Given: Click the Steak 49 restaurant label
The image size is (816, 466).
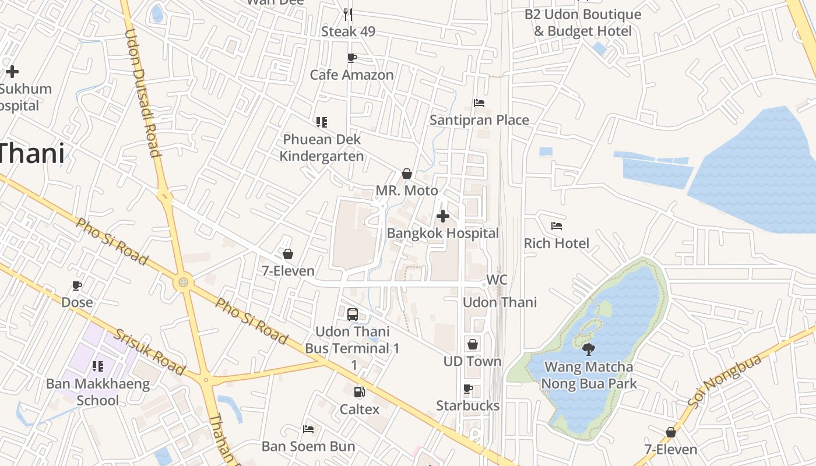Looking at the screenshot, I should point(348,31).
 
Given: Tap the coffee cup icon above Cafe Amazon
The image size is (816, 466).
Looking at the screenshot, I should point(351,58).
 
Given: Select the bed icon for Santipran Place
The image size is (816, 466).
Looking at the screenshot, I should point(479,103).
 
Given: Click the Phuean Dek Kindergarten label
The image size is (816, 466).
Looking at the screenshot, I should point(322,148).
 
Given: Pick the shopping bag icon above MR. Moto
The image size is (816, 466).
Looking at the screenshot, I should point(407,174).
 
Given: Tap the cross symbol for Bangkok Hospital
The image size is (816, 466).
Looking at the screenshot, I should point(443,216).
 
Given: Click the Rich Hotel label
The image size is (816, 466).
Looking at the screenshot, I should point(557,243).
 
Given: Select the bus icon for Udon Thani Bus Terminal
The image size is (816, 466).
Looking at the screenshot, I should point(353,315).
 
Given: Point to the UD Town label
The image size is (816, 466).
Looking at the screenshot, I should point(472,362).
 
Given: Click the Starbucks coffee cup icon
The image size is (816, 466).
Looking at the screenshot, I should point(467,389).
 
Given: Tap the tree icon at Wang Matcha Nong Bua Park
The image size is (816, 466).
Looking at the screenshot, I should point(589,349).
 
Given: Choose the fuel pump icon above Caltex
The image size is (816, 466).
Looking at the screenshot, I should point(360,392).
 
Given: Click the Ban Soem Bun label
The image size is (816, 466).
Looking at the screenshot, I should point(308,447).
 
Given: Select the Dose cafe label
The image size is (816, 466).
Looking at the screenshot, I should point(77,302).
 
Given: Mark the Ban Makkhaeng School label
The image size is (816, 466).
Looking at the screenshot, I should point(98,392).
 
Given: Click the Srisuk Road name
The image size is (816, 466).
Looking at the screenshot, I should point(149,352).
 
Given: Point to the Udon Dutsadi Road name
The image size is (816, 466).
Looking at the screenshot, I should point(143,93).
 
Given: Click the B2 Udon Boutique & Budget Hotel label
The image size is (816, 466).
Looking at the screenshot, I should point(583,23).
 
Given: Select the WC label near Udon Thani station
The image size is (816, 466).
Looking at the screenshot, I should point(497,280).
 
